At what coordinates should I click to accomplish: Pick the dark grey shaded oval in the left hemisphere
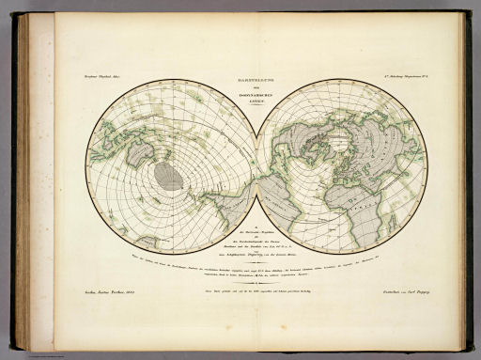pos(169,176)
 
